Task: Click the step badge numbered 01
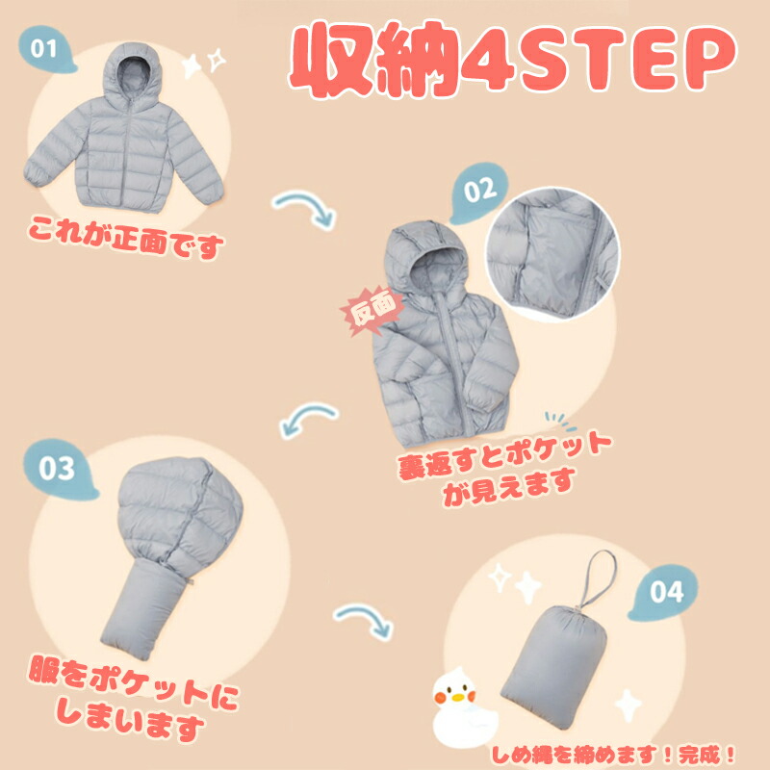[45, 49]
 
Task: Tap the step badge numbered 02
[478, 192]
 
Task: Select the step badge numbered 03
[59, 469]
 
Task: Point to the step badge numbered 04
[664, 593]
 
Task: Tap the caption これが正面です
[126, 238]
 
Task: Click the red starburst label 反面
[373, 309]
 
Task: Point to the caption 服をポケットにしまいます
[133, 697]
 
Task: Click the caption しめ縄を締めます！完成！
[614, 755]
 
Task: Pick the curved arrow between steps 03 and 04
[365, 618]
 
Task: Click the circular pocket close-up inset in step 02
[552, 254]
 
